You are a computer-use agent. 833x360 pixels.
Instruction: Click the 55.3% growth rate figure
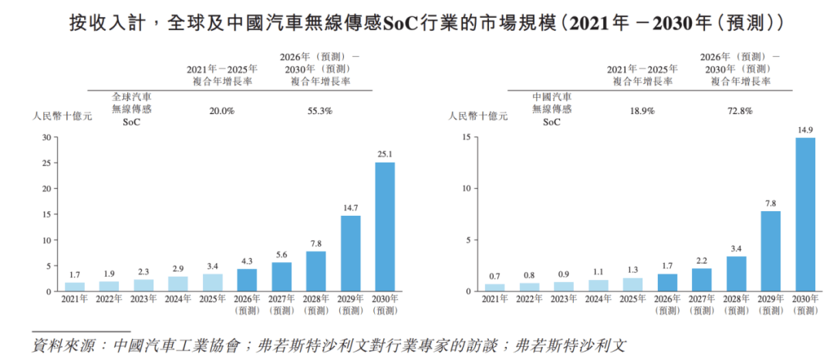pos(319,111)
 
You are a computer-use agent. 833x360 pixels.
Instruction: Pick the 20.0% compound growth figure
pos(222,111)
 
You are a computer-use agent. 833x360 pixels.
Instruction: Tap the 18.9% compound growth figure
pos(642,111)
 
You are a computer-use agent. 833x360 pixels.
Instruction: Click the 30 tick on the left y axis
pos(45,137)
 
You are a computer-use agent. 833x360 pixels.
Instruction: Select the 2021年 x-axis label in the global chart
pos(75,299)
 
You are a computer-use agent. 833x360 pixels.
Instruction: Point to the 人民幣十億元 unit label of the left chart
pos(62,116)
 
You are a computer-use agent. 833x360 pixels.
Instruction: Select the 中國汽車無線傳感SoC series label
pos(552,109)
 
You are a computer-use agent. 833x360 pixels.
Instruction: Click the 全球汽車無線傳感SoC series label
pos(132,109)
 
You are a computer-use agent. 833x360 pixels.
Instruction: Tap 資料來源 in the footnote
pos(60,346)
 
